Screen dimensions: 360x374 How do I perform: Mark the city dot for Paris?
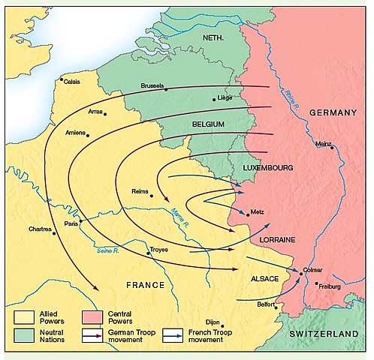click(x=80, y=221)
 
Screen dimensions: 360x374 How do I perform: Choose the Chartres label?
click(x=40, y=229)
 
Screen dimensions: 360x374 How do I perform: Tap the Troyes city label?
click(x=159, y=249)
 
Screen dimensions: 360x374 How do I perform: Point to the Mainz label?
click(x=324, y=143)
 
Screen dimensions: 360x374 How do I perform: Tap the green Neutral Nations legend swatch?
click(x=23, y=336)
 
